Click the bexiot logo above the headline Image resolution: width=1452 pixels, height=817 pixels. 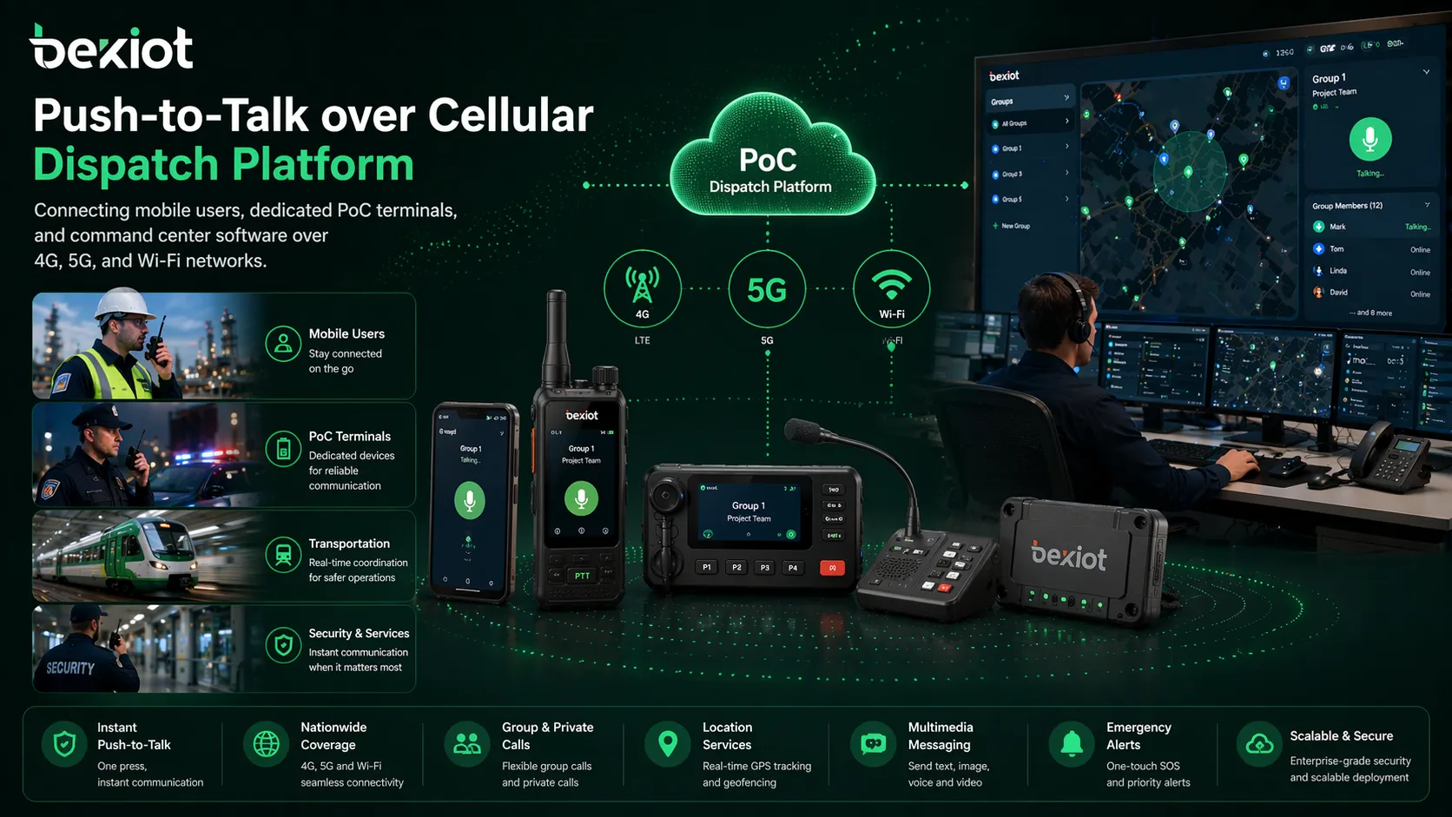point(111,48)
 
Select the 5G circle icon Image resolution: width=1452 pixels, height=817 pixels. point(767,290)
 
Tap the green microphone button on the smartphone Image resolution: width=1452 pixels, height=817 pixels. point(470,501)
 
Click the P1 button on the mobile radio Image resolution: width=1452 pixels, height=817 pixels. point(707,568)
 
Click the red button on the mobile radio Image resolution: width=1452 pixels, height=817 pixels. point(832,568)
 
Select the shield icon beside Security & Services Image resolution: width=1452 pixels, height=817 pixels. point(283,646)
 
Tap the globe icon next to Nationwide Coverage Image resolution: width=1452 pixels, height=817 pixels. point(266,744)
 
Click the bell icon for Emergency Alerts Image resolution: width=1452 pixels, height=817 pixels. point(1072,744)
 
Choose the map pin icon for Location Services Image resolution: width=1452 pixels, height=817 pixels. point(668,744)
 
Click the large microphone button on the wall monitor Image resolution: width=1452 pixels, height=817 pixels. point(1369,140)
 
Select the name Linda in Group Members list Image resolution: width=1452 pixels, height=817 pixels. point(1338,271)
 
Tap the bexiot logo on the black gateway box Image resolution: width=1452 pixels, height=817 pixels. point(1069,557)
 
